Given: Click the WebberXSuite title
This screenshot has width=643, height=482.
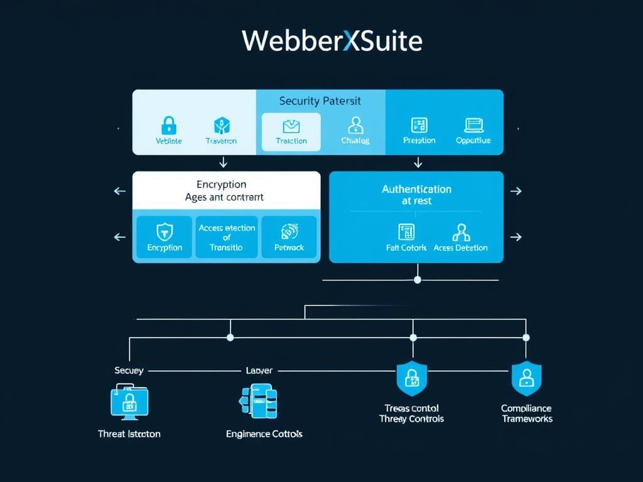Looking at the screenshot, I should pos(332,41).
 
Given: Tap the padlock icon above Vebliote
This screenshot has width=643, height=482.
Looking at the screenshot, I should pos(168,124).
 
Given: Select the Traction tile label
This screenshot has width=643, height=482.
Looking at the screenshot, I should pos(291,141).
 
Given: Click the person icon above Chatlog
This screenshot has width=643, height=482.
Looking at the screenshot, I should pos(355,124).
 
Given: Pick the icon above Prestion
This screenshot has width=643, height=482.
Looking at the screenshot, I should pos(419,124).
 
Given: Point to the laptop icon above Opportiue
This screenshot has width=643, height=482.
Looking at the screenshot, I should pos(473,124).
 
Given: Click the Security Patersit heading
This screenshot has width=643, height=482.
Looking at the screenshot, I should pos(320,100).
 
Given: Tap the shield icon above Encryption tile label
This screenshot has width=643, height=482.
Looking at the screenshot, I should pos(164,231).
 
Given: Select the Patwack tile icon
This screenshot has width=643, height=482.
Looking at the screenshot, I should pos(289,231).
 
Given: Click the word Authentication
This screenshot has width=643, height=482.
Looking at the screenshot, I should pos(416,189).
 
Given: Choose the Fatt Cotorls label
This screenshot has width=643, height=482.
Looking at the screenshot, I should pos(406,248).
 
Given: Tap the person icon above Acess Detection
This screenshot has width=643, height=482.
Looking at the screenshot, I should pos(460,232).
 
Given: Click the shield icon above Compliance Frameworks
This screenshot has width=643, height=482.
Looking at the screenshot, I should pos(526,378).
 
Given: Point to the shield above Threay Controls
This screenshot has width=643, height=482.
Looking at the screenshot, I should pos(412,378).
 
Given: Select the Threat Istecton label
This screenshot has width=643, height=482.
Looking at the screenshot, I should pos(129,434).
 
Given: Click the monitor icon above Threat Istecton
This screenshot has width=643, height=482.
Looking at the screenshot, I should pos(129,402).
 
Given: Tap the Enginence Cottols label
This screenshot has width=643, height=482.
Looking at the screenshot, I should pos(264,434).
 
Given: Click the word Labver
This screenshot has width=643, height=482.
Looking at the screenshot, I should pos(259,371).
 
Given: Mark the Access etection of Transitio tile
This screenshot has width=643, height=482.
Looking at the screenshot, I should pos(227,237).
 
